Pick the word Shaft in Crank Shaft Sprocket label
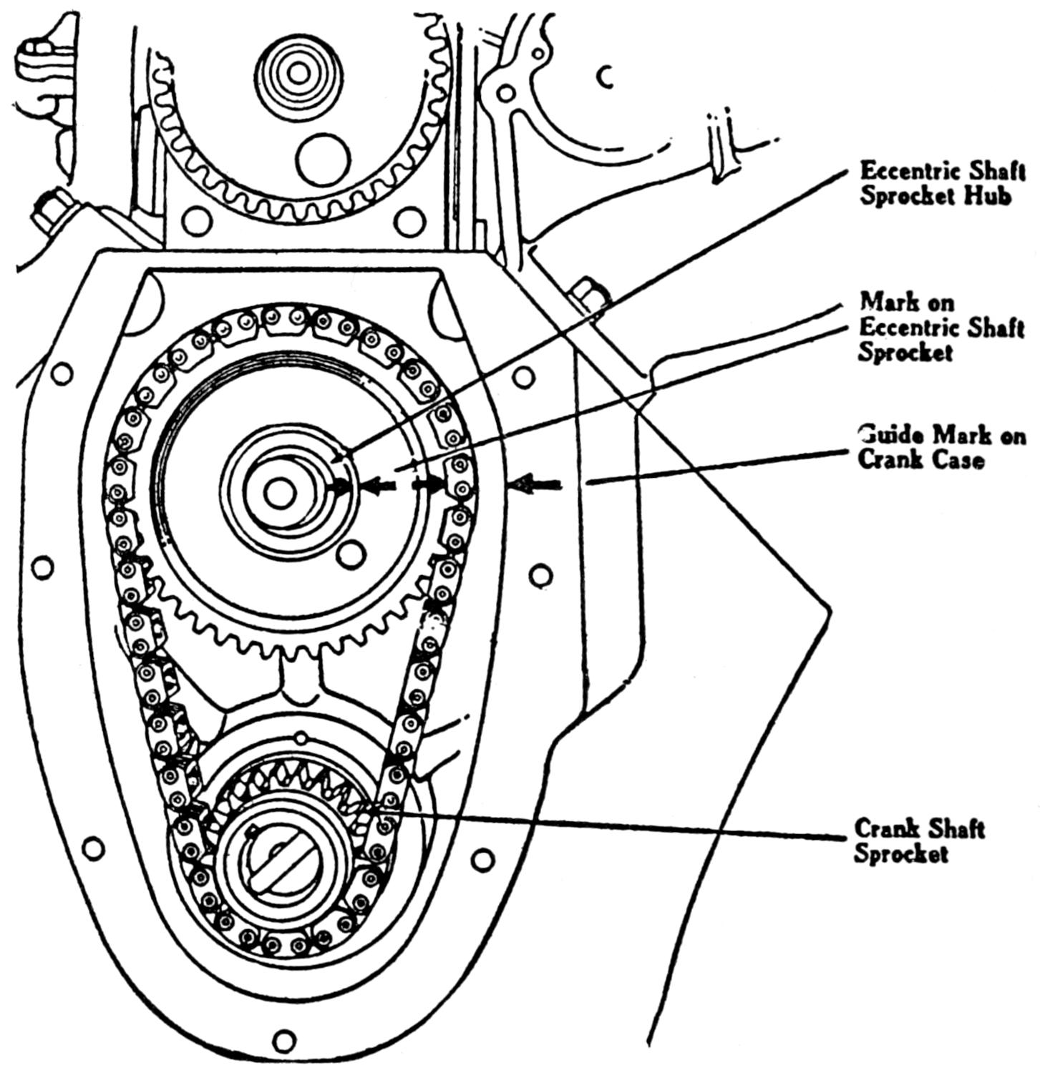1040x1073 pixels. coord(955,829)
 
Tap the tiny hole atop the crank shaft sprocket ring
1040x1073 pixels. coord(301,738)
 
